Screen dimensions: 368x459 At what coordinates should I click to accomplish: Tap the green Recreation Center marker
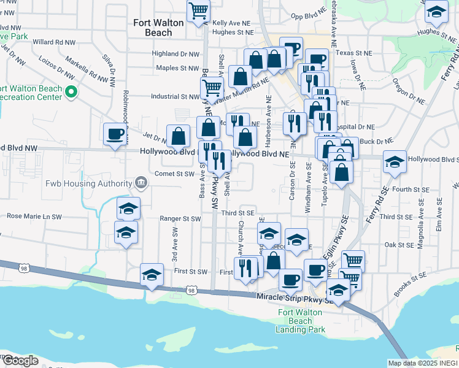click(71, 93)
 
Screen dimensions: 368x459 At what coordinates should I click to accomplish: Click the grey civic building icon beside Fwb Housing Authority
click(141, 183)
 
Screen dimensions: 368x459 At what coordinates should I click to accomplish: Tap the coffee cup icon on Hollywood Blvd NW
click(115, 134)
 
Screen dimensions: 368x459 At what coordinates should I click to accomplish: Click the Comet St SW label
click(175, 174)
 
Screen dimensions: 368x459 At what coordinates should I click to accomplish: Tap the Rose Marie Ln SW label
click(34, 217)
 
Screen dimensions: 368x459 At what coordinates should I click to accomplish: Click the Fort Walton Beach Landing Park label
click(301, 321)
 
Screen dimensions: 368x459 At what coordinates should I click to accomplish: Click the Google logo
click(21, 361)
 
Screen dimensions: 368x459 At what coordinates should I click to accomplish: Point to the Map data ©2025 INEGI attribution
click(423, 363)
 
